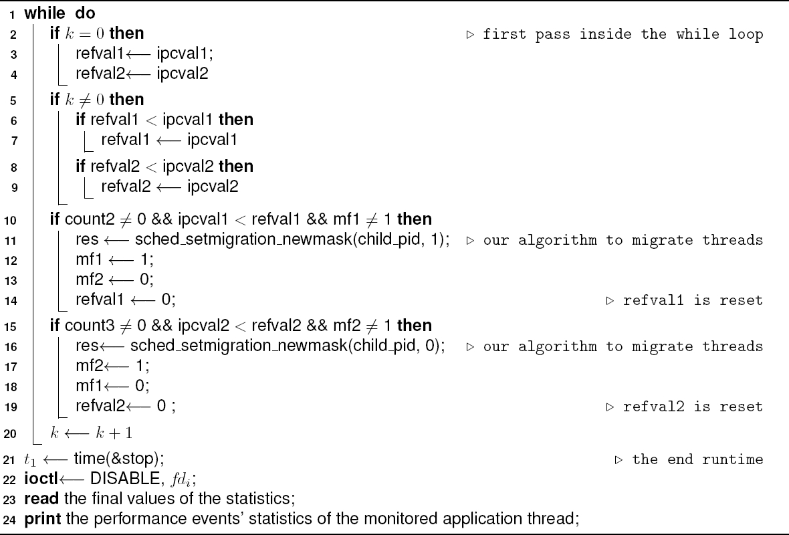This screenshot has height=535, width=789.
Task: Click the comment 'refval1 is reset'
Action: point(693,300)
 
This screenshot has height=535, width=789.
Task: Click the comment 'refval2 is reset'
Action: point(693,407)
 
